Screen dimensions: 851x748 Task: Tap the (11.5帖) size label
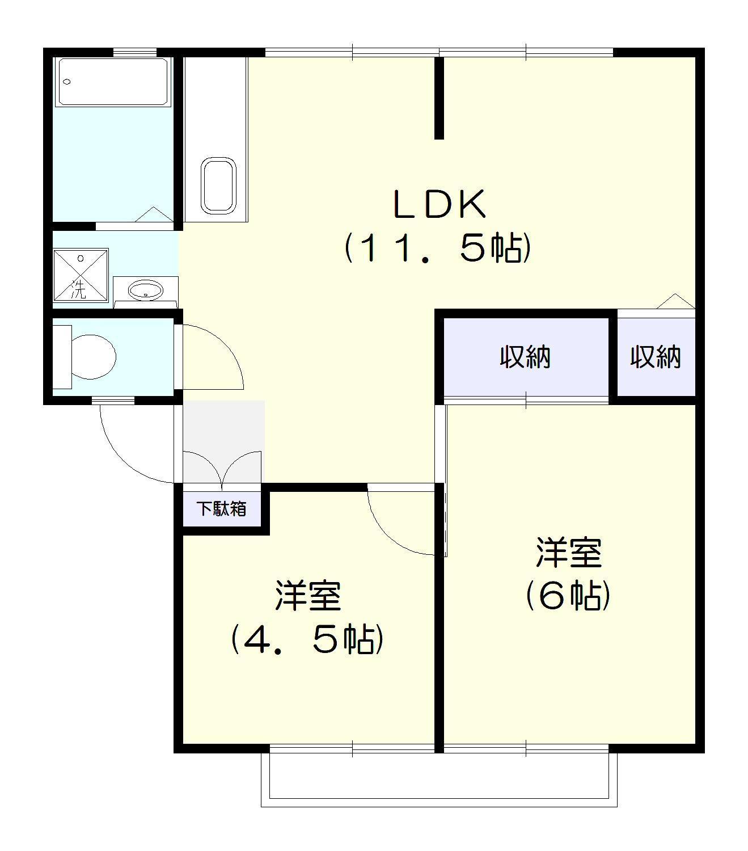[x=438, y=248]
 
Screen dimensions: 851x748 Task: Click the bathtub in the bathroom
[x=113, y=82]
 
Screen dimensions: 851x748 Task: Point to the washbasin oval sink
[x=145, y=291]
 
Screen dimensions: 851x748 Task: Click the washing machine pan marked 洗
[x=80, y=275]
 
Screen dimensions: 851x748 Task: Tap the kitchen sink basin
[x=218, y=185]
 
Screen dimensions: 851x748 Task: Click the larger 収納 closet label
[x=525, y=357]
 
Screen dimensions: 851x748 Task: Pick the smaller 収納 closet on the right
[x=656, y=357]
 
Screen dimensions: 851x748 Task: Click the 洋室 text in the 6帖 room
[x=569, y=553]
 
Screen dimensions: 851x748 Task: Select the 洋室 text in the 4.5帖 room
[x=308, y=596]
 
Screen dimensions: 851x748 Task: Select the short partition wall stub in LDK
[x=439, y=98]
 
